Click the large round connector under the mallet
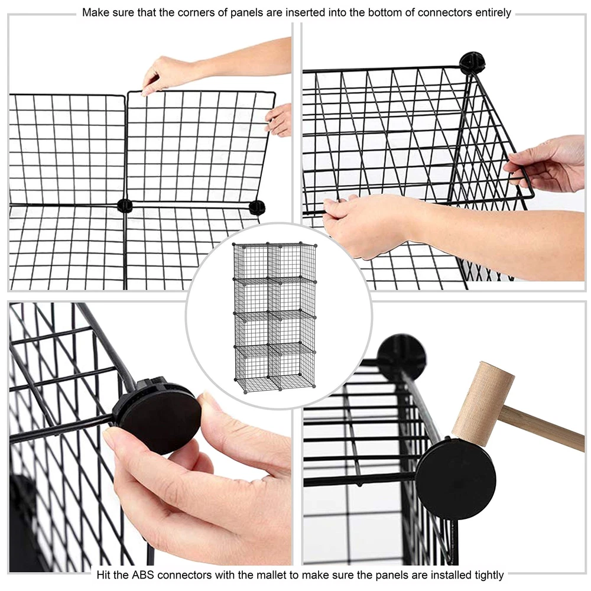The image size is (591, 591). pyautogui.click(x=455, y=479)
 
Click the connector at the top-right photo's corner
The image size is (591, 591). pyautogui.click(x=472, y=61)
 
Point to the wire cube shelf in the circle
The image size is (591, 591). pyautogui.click(x=274, y=317)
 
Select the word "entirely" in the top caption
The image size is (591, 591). pyautogui.click(x=493, y=13)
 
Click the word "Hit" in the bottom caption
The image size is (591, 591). pyautogui.click(x=103, y=575)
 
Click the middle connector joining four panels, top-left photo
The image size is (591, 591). pyautogui.click(x=125, y=206)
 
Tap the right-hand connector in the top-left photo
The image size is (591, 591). pyautogui.click(x=258, y=207)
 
